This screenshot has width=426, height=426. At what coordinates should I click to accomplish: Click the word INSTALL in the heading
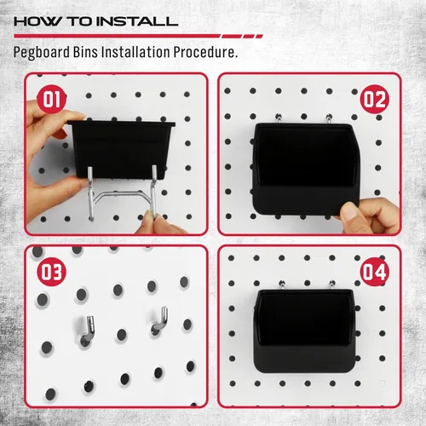(x=136, y=20)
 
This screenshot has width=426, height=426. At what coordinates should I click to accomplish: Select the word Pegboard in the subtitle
(x=45, y=52)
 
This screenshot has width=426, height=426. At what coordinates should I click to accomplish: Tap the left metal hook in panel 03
(x=88, y=328)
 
